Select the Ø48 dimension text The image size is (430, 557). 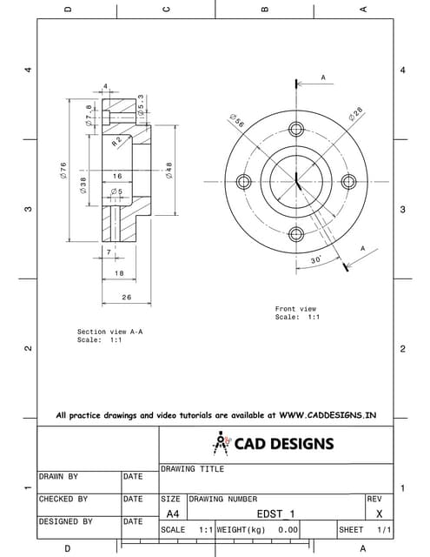pos(169,170)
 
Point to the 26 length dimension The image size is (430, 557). pos(126,297)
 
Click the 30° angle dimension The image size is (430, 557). pos(315,259)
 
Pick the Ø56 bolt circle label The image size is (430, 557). pos(236,120)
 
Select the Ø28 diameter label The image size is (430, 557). pos(356,113)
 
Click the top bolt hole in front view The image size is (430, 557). pos(296,129)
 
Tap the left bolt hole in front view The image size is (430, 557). pos(243,181)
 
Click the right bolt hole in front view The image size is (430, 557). pos(349,181)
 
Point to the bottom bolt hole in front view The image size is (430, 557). pos(296,234)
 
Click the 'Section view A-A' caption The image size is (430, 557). pos(110,332)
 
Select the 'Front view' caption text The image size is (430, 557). pos(295,309)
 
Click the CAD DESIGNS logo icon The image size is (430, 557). pos(221,443)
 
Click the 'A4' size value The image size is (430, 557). pos(172,514)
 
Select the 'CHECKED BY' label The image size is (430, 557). pos(63,500)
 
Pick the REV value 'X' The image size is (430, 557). pos(379,514)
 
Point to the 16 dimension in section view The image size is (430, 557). pos(116,176)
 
